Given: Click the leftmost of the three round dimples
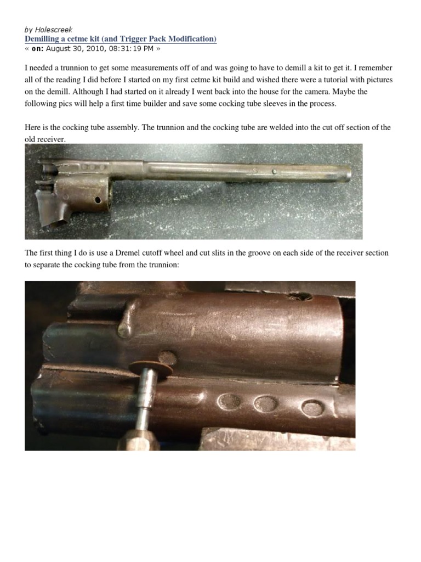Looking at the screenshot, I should click(229, 402).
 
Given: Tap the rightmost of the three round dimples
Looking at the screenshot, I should click(312, 408).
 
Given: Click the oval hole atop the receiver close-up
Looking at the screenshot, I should click(301, 296).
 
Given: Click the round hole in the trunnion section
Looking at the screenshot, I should click(98, 199).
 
